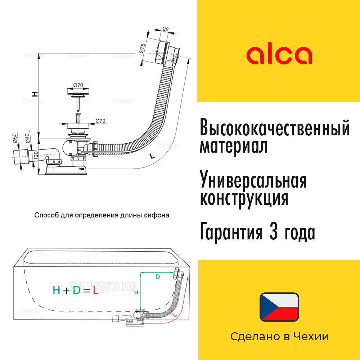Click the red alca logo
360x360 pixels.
coord(279,55)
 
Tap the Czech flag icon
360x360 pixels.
coord(279,307)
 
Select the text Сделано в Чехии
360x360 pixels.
coord(279,337)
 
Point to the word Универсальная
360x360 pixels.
coord(253,180)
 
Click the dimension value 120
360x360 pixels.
coord(36,156)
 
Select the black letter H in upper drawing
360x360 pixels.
coord(35,94)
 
